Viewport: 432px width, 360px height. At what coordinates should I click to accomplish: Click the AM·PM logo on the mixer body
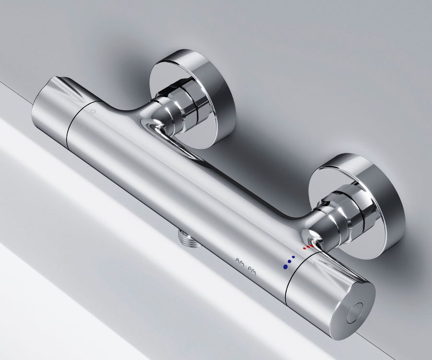pos(246,267)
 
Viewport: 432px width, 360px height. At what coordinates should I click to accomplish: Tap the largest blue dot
pos(285,266)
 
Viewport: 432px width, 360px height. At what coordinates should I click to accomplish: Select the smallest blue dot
pos(293,257)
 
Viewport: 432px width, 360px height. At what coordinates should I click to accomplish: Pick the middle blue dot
pos(289,262)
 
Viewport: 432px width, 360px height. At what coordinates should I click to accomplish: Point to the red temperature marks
pos(309,247)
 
